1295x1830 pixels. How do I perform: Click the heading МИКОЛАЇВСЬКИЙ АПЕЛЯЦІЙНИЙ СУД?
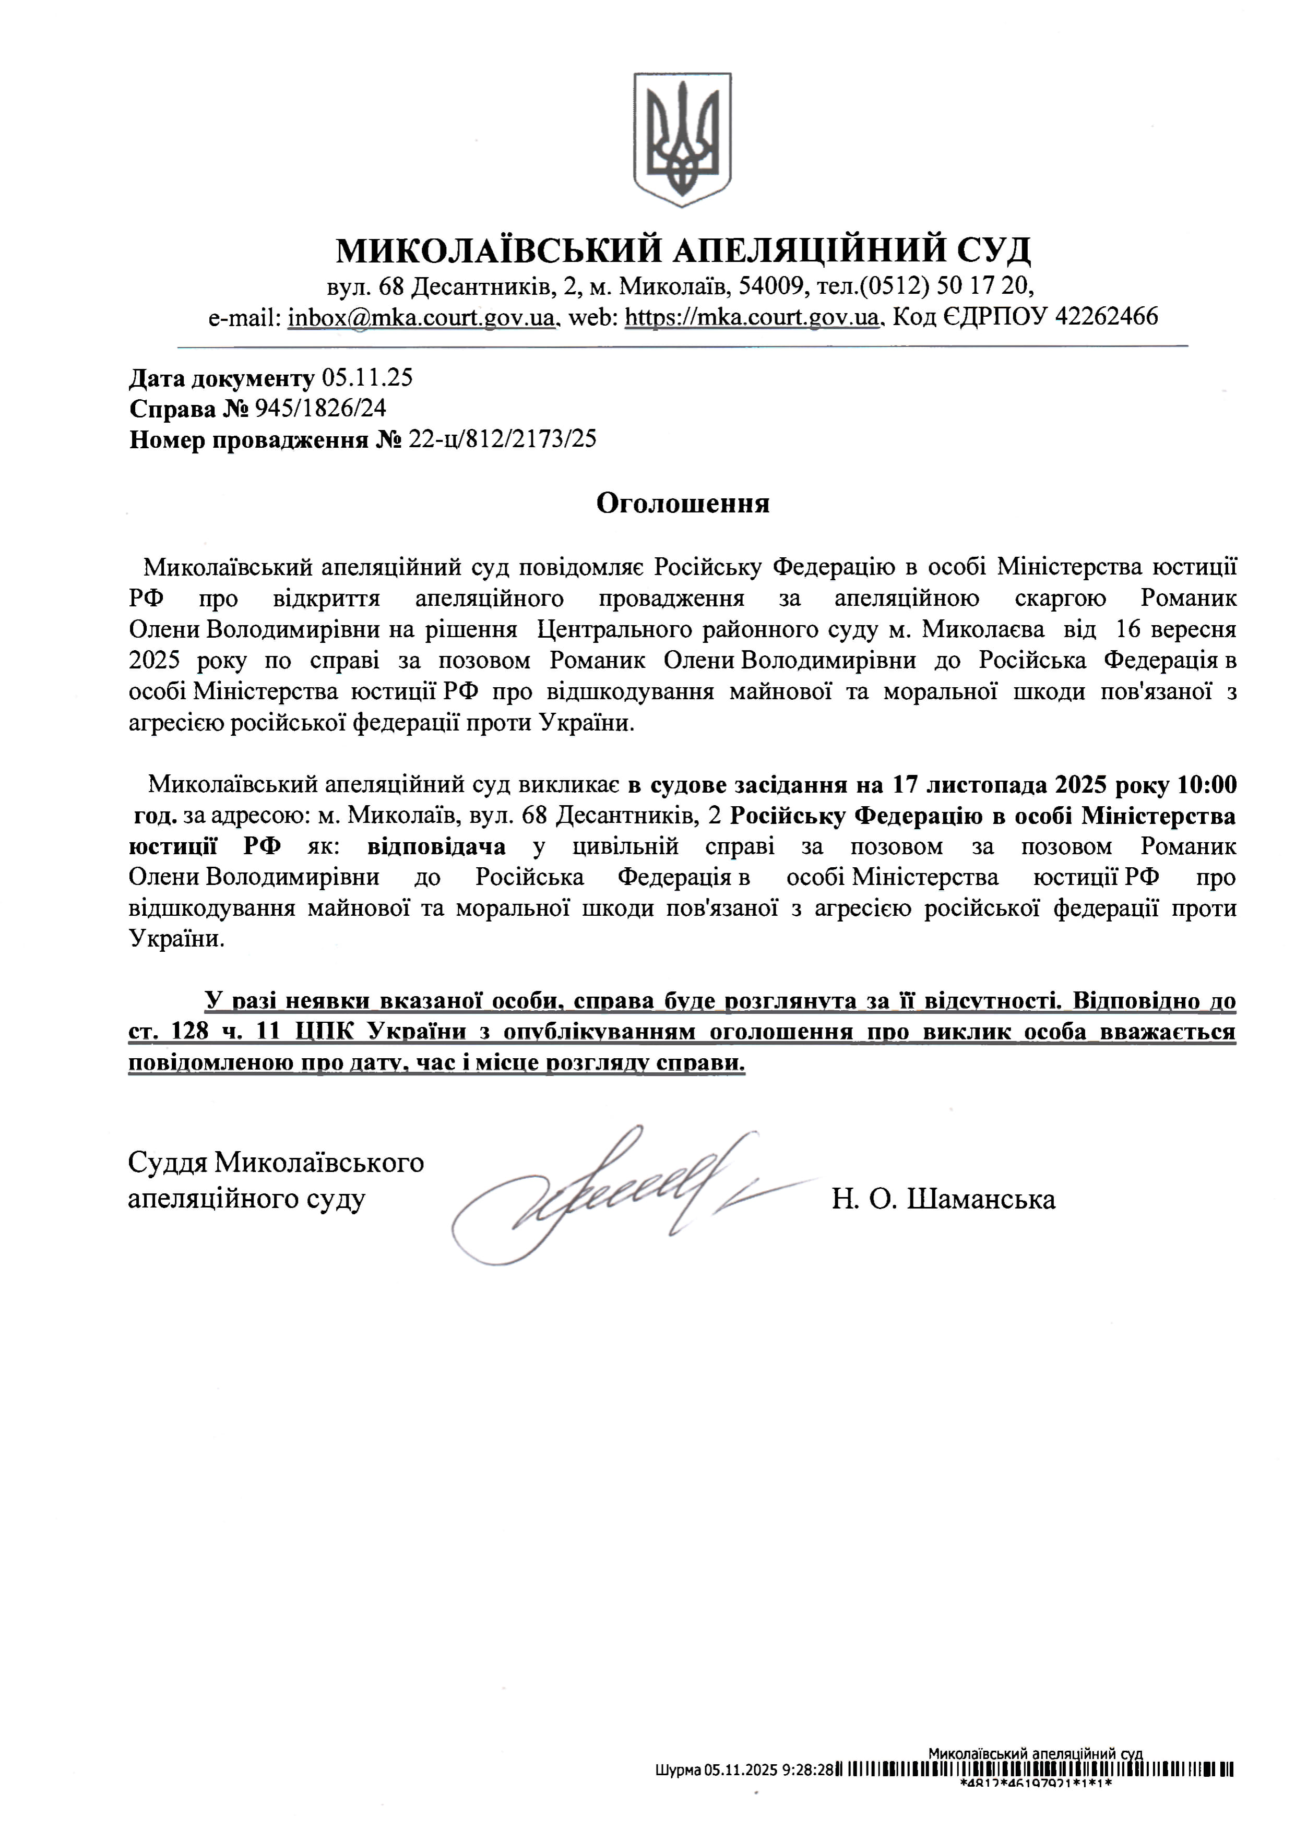click(x=683, y=250)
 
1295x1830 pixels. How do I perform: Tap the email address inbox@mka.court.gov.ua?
click(x=421, y=317)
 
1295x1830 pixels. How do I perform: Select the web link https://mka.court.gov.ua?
click(x=752, y=317)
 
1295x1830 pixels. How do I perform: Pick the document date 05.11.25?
click(x=367, y=378)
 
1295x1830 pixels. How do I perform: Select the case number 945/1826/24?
click(x=320, y=409)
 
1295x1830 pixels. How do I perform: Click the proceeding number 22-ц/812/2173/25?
click(x=502, y=439)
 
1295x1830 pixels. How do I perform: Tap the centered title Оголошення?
click(x=683, y=504)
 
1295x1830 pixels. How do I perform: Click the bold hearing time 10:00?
click(x=1206, y=785)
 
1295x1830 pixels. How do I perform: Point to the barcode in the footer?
click(x=1037, y=1792)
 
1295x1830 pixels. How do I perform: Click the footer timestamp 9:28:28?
click(x=807, y=1792)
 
